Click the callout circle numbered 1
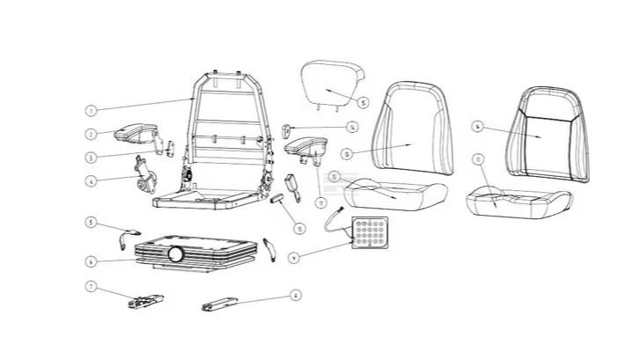tap(90, 111)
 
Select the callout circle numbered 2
tap(90, 135)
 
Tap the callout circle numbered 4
tap(90, 182)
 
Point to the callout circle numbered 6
tap(90, 261)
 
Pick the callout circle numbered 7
tap(90, 286)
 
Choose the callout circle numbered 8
tap(296, 295)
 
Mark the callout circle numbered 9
tap(293, 257)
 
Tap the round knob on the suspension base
tap(176, 254)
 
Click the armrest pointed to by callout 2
tap(132, 131)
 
